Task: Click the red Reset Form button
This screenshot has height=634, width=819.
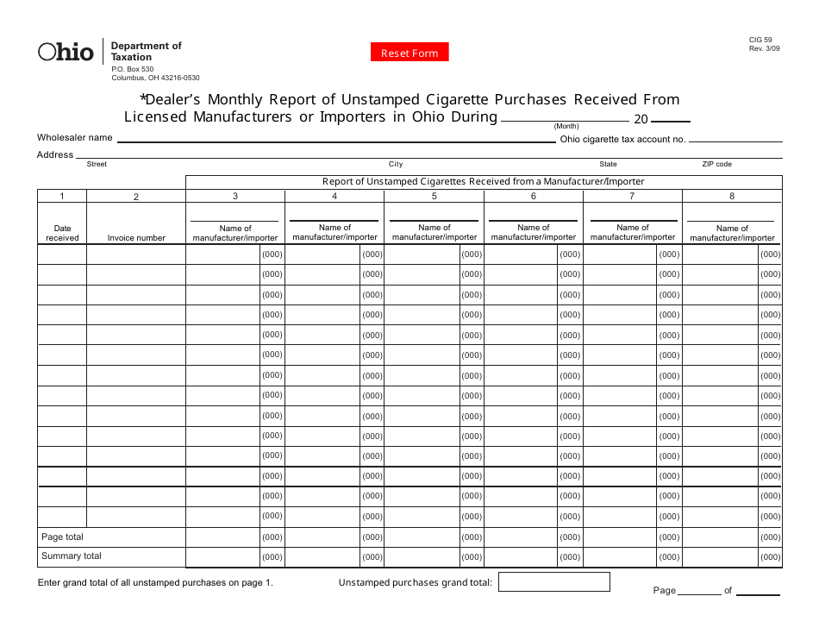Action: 409,53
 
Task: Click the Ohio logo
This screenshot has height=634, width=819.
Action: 66,53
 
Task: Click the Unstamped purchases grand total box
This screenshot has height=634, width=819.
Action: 553,582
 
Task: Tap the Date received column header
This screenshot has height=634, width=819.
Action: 62,233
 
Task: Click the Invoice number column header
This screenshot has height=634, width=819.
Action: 136,238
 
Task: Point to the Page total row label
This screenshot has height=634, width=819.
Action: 63,537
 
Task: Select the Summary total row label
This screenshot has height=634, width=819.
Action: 72,556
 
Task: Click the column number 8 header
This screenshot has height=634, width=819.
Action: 732,196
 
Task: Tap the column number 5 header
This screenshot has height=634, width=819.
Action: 434,196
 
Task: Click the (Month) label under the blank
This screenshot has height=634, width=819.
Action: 566,126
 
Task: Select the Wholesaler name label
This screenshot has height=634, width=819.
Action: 74,137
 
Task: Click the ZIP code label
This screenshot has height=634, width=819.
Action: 716,164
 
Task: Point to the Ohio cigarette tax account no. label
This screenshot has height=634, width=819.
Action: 622,139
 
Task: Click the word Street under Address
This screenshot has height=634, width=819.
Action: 97,164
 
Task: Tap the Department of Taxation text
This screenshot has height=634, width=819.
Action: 146,51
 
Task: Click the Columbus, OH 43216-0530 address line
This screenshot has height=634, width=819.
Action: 155,78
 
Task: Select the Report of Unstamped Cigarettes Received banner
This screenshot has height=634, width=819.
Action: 483,182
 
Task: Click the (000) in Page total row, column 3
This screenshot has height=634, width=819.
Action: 272,537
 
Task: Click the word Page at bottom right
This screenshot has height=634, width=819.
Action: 664,591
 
